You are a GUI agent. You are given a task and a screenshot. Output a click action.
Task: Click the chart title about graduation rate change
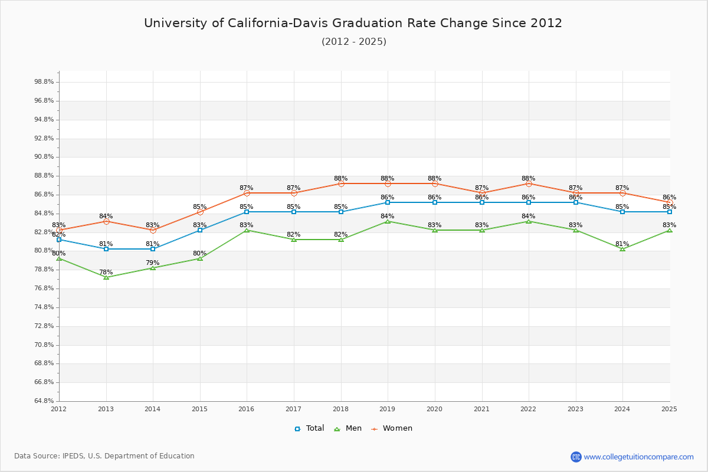[x=353, y=23]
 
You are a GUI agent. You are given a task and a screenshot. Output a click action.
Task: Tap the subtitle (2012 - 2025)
[x=353, y=41]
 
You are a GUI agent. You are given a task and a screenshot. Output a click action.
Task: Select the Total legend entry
[x=310, y=428]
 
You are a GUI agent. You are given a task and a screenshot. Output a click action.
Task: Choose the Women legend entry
[x=392, y=428]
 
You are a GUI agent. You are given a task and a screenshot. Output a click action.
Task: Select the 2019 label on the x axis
[x=388, y=409]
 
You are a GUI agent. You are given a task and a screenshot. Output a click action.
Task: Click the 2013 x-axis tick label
[x=106, y=409]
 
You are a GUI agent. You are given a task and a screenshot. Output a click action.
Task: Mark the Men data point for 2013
[x=106, y=277]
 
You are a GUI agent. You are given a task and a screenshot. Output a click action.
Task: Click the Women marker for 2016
[x=247, y=193]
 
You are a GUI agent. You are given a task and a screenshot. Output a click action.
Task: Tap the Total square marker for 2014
[x=153, y=249]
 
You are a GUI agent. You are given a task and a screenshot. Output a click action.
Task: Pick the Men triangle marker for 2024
[x=622, y=249]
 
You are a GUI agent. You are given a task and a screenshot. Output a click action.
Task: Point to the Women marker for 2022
[x=529, y=183]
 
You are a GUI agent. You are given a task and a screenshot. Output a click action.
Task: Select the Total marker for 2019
[x=388, y=202]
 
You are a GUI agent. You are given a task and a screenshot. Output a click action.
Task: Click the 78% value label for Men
[x=106, y=272]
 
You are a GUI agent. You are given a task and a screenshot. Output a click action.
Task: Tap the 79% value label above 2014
[x=152, y=263]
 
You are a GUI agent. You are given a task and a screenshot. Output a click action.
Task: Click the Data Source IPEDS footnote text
[x=104, y=456]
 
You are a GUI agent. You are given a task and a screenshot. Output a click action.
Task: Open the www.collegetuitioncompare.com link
[x=638, y=457]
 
